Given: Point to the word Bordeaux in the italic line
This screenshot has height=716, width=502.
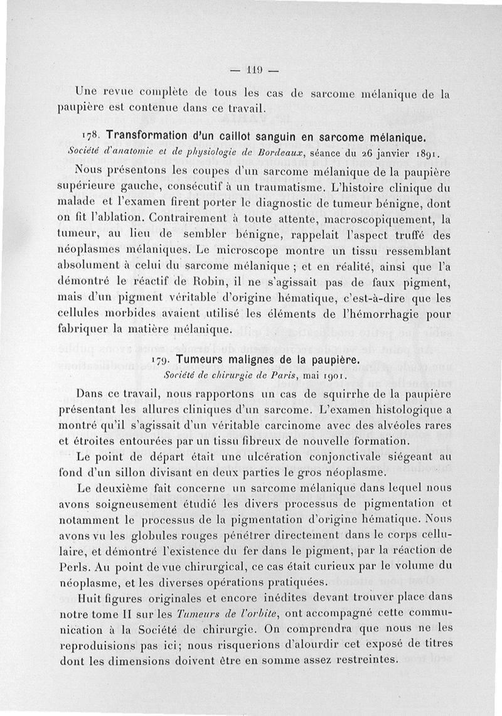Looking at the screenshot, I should click(248, 152).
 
